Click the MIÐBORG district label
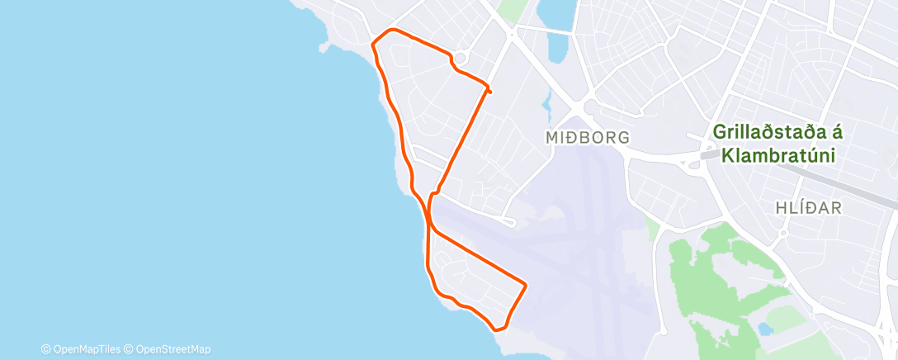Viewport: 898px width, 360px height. pos(588,137)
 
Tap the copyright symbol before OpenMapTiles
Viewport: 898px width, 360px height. pos(45,348)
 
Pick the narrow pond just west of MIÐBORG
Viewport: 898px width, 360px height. pos(546,103)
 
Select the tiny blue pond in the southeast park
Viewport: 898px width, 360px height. pos(766,329)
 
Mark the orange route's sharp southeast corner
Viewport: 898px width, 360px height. pos(525,285)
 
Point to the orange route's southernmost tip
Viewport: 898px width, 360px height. pos(498,329)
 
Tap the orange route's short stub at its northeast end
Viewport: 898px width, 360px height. pos(489,91)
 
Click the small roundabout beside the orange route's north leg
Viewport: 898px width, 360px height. pos(461,57)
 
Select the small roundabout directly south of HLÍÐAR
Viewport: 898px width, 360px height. pos(782,234)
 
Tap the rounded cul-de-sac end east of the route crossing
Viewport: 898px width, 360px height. pos(513,222)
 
